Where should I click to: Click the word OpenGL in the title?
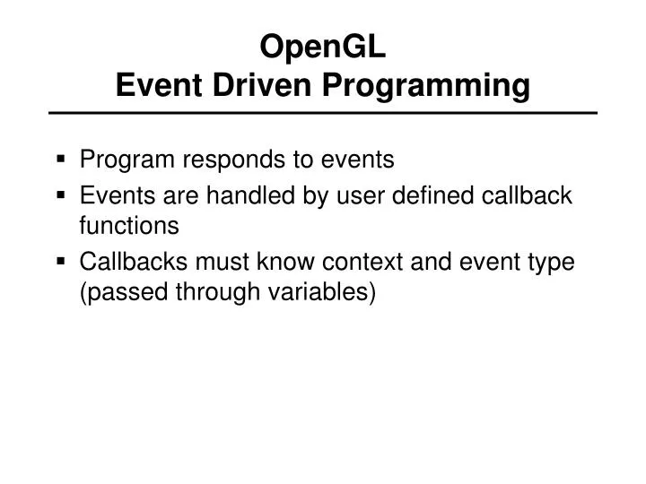click(323, 45)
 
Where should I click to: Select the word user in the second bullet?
click(331, 194)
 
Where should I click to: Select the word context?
click(387, 261)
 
